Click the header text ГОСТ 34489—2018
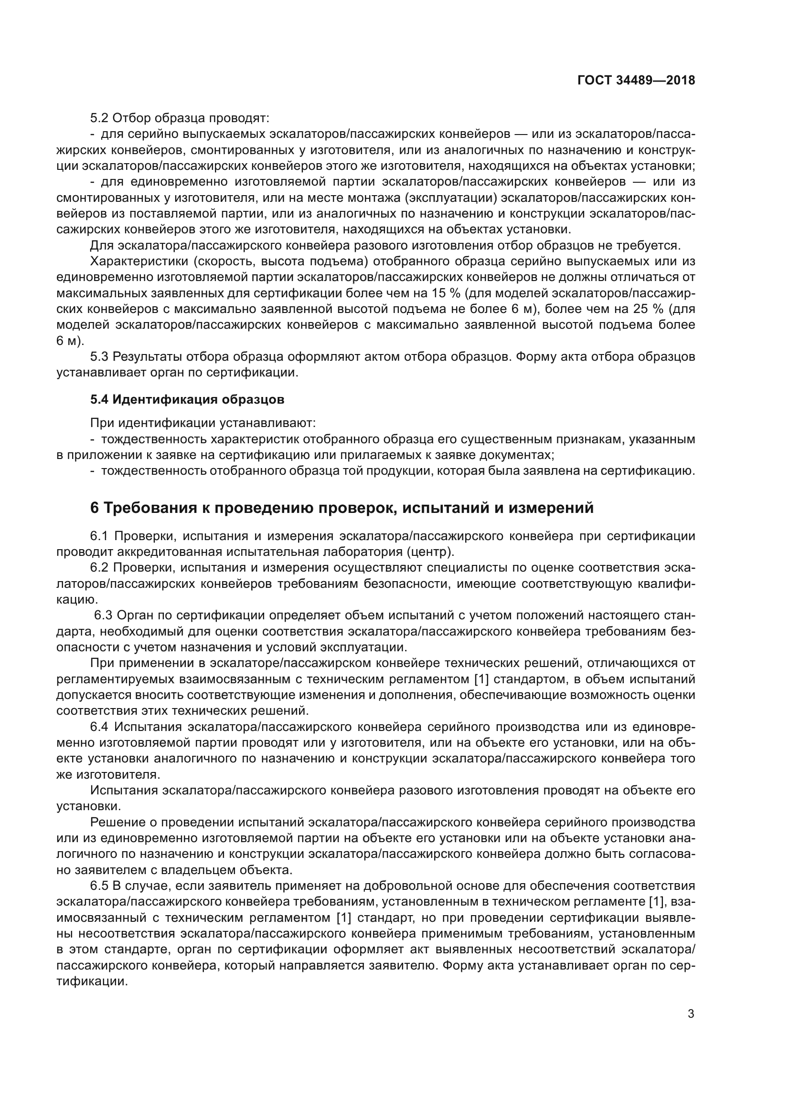(x=636, y=80)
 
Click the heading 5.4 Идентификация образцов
(x=187, y=399)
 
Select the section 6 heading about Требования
(x=342, y=508)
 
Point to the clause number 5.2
(x=100, y=118)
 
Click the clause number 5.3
(x=100, y=357)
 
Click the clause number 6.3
(x=103, y=615)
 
